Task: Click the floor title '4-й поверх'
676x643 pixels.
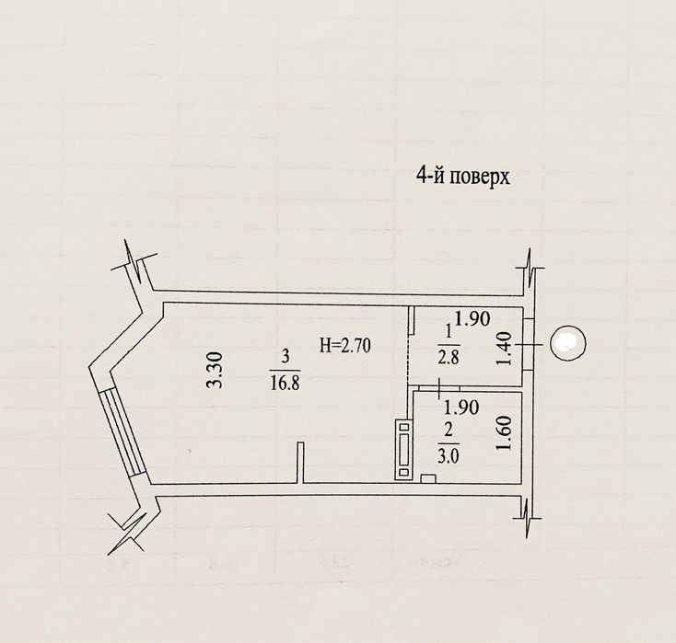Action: point(462,176)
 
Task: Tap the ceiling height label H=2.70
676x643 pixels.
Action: point(344,345)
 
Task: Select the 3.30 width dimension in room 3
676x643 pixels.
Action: point(215,371)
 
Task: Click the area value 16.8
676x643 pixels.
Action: point(285,382)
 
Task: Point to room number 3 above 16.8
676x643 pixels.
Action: point(285,358)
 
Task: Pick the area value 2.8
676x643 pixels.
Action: point(449,358)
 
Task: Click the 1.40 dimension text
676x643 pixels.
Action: point(504,349)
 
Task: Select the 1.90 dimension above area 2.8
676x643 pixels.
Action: point(472,318)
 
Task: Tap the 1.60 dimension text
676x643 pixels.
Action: point(504,432)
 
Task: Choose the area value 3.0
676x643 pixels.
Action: point(449,456)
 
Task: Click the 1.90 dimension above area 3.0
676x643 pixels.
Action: point(461,408)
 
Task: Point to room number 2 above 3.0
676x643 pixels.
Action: point(449,431)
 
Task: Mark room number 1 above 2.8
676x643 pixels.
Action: point(449,332)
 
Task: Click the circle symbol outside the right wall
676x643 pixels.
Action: point(568,343)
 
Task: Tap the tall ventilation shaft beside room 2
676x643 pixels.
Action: point(404,450)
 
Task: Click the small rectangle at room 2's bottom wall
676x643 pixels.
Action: point(427,478)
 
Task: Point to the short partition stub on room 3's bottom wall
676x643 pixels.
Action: point(300,463)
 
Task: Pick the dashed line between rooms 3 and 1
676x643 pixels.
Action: point(408,359)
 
